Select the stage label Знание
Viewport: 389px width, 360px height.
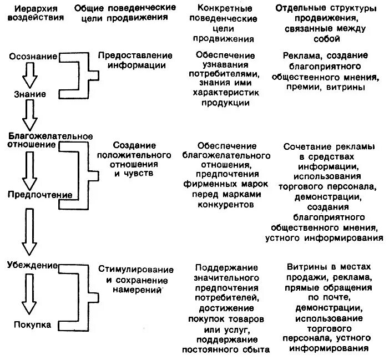[x=31, y=94]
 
